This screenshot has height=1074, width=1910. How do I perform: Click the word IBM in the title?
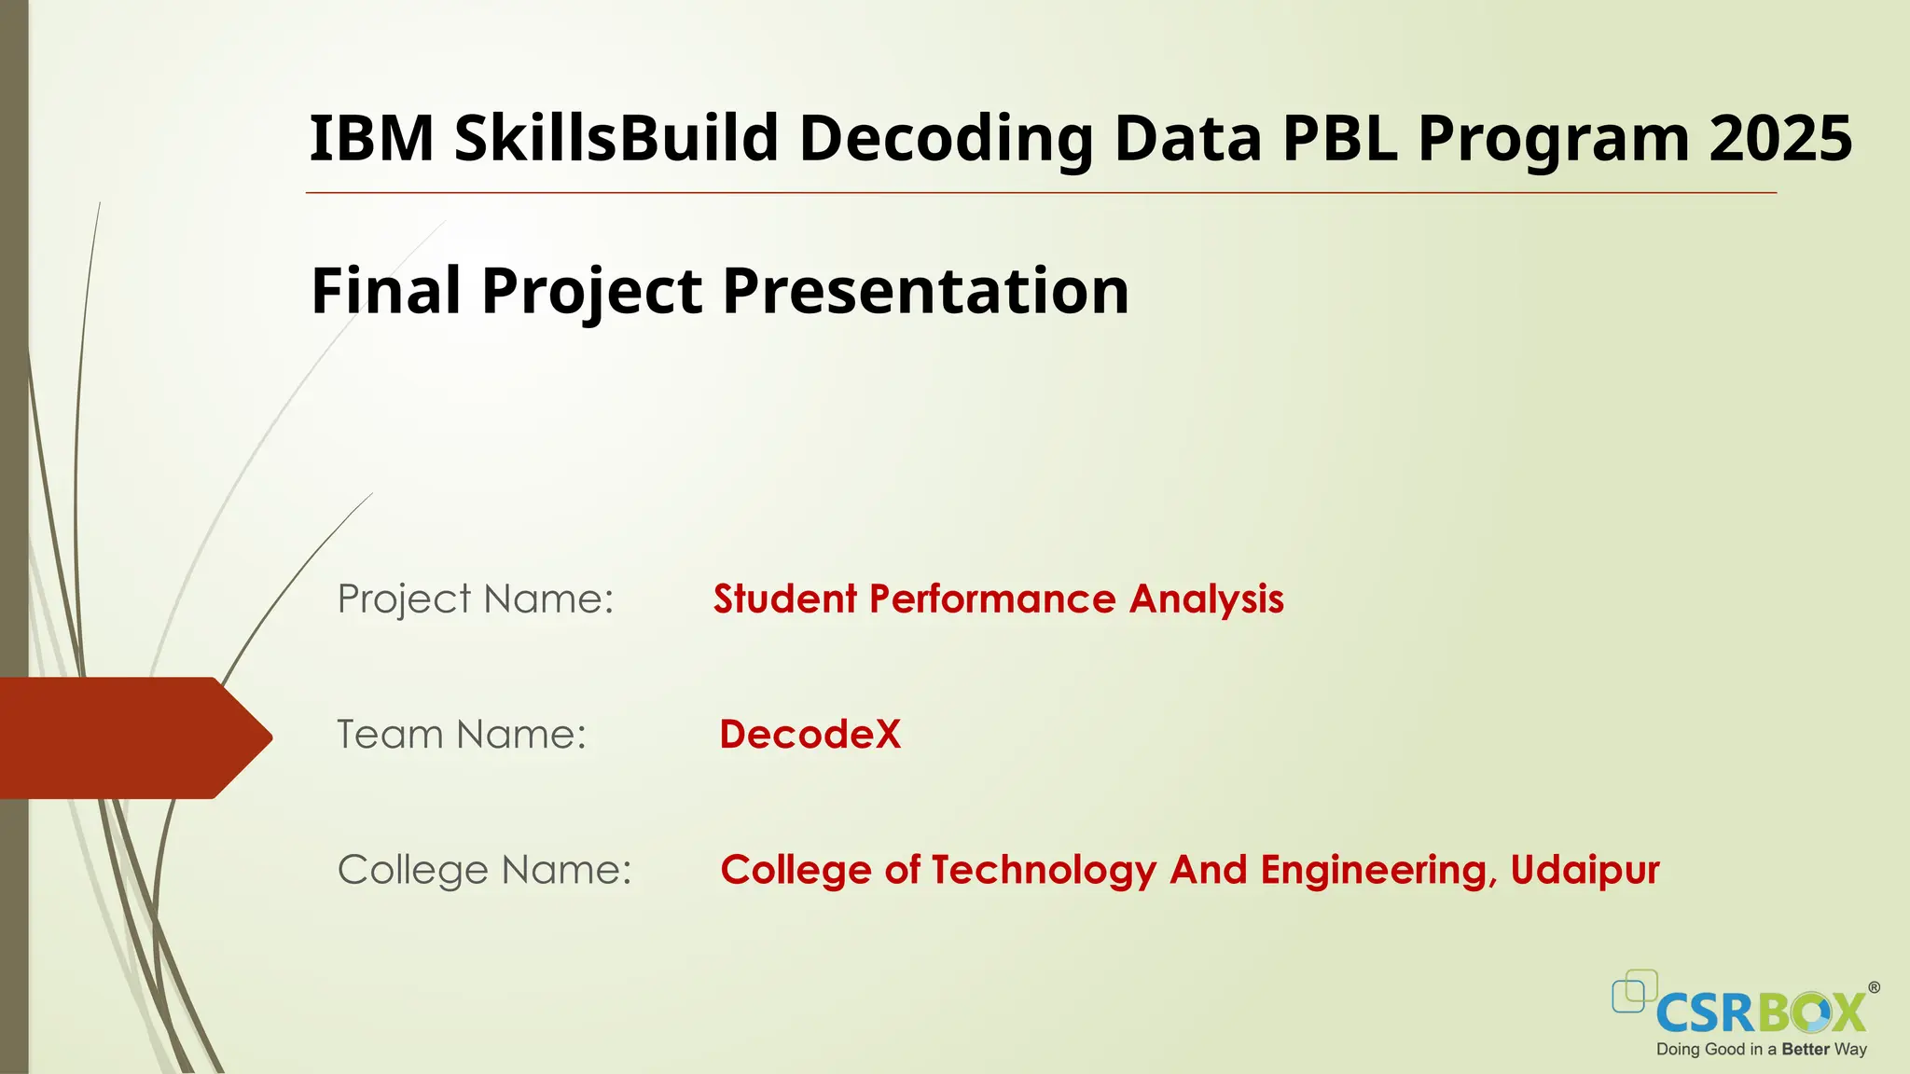coord(371,138)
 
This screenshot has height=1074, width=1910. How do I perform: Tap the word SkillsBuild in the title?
coord(616,138)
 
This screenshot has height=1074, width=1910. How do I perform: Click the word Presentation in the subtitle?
coord(925,290)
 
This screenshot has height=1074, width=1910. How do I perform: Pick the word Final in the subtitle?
coord(386,290)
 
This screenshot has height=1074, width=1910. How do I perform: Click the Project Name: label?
coord(476,599)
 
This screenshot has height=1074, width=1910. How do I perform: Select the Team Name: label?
coord(462,735)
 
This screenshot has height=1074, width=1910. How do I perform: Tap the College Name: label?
coord(484,870)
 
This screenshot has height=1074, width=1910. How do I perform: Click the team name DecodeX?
coord(810,735)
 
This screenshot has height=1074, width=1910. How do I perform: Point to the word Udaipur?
coord(1585,870)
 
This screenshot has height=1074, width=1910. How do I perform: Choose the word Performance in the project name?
coord(992,599)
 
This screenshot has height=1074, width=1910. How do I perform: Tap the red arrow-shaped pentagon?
coord(131,737)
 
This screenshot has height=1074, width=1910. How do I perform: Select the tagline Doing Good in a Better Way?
coord(1761,1050)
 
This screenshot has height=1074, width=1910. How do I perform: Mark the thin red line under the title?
coord(1041,193)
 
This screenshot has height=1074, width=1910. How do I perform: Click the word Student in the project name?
coord(785,599)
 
